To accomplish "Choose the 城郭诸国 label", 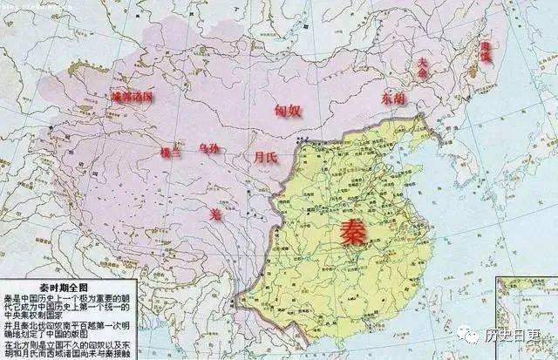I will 131,95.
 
